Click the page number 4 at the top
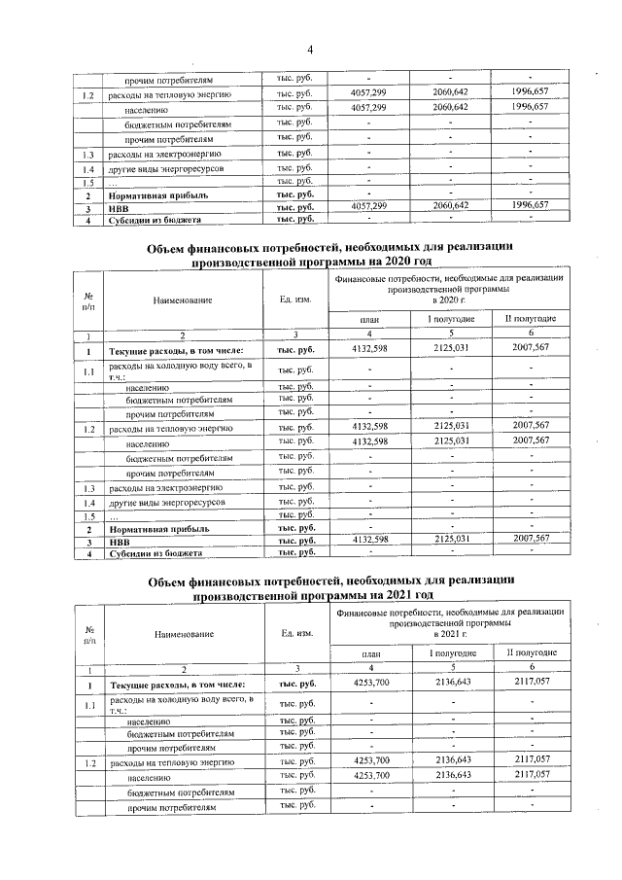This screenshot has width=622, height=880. click(x=310, y=50)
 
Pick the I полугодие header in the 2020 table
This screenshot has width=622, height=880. click(x=450, y=319)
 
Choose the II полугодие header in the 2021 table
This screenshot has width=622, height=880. click(x=531, y=651)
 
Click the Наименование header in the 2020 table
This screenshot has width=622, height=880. click(x=183, y=300)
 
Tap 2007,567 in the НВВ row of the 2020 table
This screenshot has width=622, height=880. click(x=530, y=539)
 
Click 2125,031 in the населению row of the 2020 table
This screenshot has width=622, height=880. click(x=450, y=440)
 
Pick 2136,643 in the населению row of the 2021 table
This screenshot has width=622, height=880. click(x=450, y=775)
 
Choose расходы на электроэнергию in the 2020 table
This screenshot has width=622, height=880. click(x=166, y=487)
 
